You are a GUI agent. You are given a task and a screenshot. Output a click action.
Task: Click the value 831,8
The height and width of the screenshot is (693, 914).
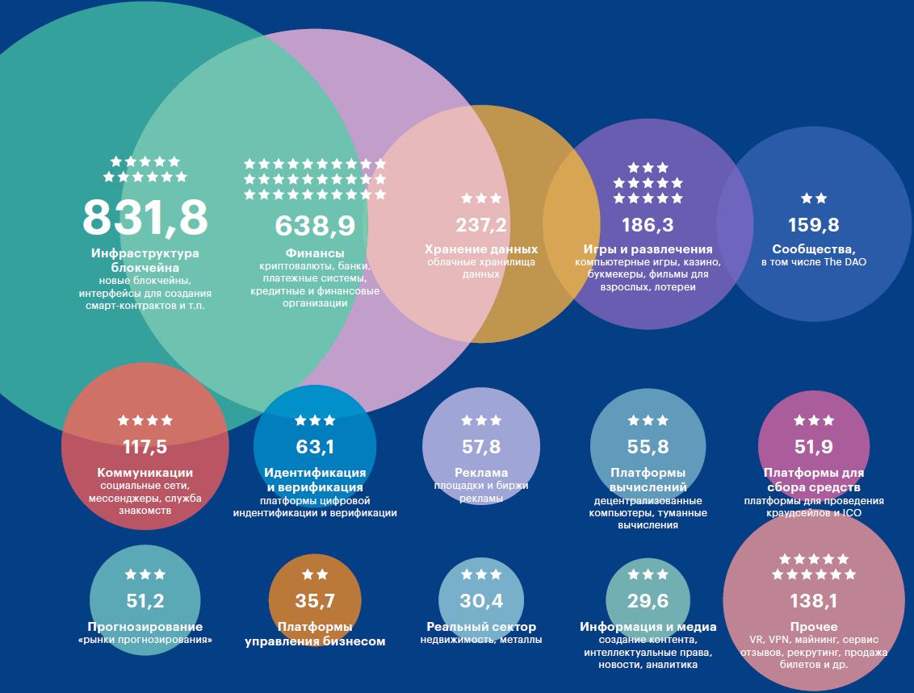click(145, 216)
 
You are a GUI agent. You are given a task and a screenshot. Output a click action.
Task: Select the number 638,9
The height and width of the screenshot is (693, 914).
click(315, 225)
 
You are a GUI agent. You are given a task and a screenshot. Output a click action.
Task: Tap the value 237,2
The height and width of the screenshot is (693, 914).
click(481, 225)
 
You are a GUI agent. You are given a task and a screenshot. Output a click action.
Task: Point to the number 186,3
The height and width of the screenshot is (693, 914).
click(648, 224)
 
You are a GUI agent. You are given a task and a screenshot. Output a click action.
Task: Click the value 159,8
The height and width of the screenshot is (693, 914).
click(813, 224)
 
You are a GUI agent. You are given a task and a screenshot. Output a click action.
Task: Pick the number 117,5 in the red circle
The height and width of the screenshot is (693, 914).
click(145, 446)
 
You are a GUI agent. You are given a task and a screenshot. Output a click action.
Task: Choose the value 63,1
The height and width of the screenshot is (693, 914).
click(315, 446)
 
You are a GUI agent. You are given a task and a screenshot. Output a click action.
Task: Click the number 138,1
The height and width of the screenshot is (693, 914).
click(813, 600)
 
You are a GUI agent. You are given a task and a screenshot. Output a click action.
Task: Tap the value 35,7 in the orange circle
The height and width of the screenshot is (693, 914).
click(315, 600)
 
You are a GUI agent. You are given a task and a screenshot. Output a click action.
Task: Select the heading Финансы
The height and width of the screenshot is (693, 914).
click(315, 253)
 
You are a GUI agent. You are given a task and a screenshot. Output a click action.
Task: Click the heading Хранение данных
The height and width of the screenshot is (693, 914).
click(481, 250)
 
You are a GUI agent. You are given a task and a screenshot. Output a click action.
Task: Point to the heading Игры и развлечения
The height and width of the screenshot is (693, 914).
click(648, 250)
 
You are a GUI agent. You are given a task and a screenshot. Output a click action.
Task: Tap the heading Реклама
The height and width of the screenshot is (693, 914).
click(481, 473)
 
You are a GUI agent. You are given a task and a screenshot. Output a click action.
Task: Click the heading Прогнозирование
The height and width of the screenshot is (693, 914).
click(145, 627)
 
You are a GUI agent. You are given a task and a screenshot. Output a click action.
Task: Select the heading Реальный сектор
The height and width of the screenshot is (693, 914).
click(481, 627)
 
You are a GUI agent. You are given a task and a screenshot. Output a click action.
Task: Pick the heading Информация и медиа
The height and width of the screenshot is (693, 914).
click(648, 627)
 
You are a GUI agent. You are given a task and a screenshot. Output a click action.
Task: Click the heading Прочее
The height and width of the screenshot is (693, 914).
click(813, 627)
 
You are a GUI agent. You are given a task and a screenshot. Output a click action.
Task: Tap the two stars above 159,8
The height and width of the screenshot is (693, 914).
click(813, 198)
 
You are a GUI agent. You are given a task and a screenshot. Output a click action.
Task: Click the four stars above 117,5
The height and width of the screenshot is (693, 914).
click(145, 420)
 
